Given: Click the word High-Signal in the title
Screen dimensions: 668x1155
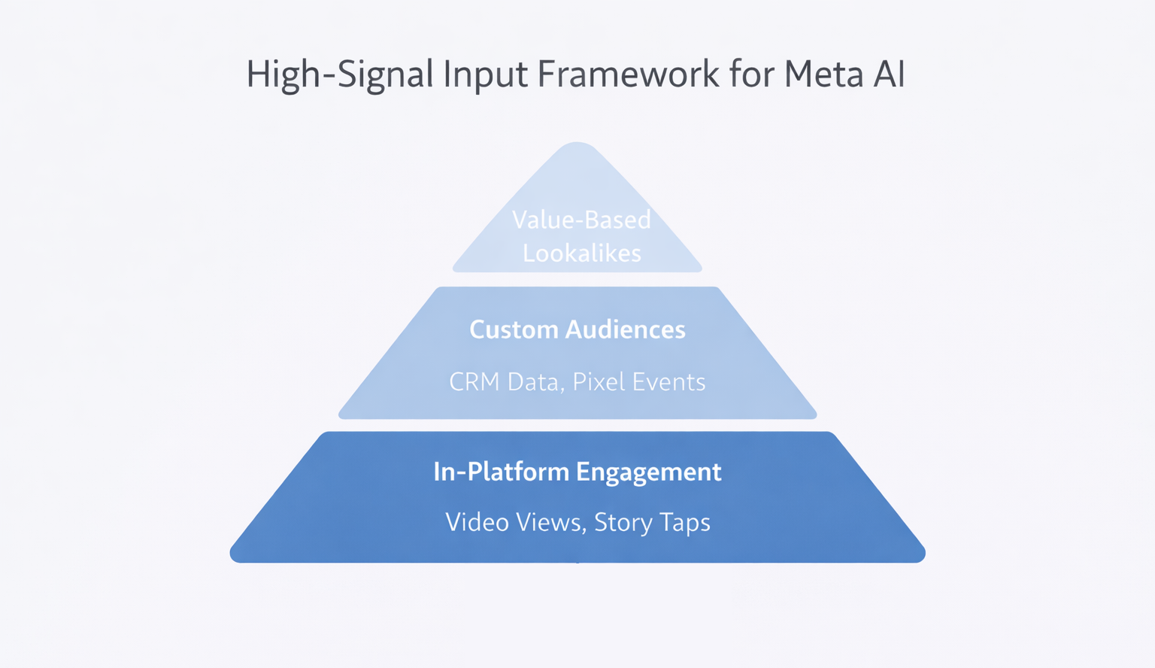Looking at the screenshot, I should pyautogui.click(x=340, y=75).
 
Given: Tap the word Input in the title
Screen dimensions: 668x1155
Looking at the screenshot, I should pyautogui.click(x=485, y=75).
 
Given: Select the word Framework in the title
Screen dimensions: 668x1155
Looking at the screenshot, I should pyautogui.click(x=629, y=75).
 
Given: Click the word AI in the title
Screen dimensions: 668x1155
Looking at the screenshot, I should pyautogui.click(x=888, y=75).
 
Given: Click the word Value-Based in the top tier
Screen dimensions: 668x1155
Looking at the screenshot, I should pyautogui.click(x=581, y=220).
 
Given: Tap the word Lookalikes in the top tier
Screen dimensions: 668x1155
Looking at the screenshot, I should pyautogui.click(x=581, y=254).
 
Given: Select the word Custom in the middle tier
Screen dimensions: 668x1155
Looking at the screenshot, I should pyautogui.click(x=514, y=329).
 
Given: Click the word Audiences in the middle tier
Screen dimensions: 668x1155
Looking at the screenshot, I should pyautogui.click(x=626, y=329).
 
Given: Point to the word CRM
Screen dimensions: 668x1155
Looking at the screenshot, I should pyautogui.click(x=474, y=382).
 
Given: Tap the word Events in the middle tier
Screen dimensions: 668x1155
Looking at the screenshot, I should pyautogui.click(x=668, y=382).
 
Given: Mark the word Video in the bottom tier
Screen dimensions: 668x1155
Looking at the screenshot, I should pyautogui.click(x=477, y=522).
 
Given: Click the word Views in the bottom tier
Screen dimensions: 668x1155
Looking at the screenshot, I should pyautogui.click(x=551, y=522).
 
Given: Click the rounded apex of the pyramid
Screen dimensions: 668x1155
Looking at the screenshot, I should pyautogui.click(x=577, y=147).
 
